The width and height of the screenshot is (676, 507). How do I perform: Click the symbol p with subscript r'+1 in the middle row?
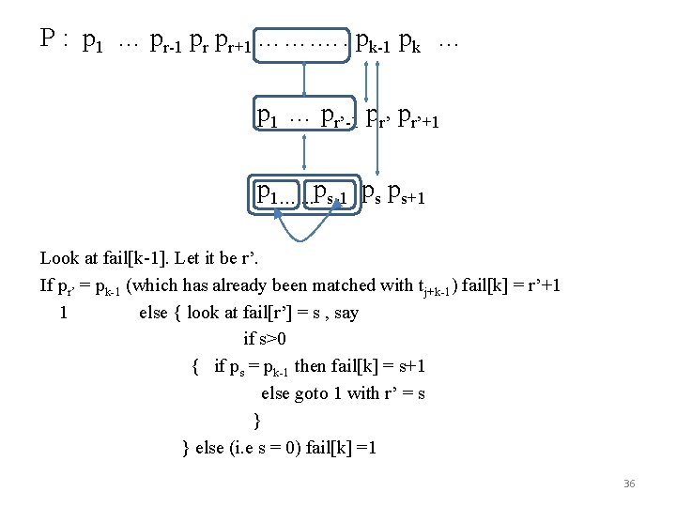pyautogui.click(x=419, y=119)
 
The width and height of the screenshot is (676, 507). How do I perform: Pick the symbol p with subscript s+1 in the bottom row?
pyautogui.click(x=406, y=194)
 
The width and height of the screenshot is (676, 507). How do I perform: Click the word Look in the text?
pyautogui.click(x=59, y=258)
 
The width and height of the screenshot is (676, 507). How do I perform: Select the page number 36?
pyautogui.click(x=629, y=484)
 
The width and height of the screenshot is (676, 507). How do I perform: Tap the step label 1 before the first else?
pyautogui.click(x=63, y=313)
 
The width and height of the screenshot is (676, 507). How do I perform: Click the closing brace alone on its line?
pyautogui.click(x=257, y=420)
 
